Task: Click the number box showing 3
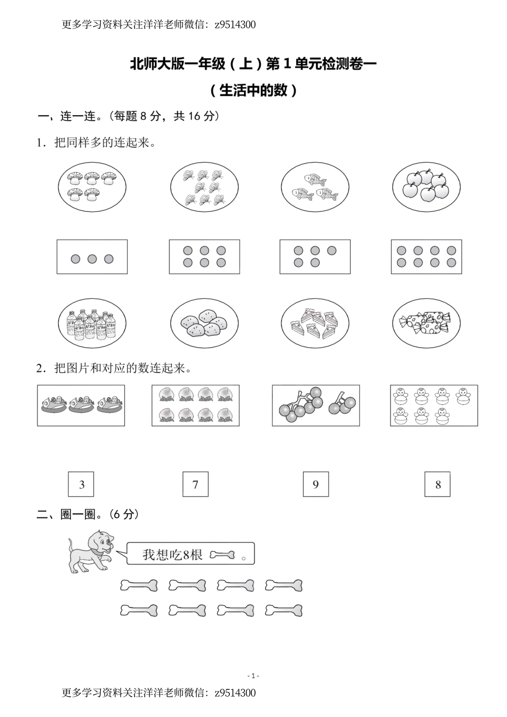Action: pyautogui.click(x=82, y=484)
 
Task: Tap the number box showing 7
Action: pyautogui.click(x=195, y=484)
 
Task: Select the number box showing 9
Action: pyautogui.click(x=315, y=484)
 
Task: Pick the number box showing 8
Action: pyautogui.click(x=438, y=484)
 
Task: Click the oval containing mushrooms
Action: pyautogui.click(x=92, y=186)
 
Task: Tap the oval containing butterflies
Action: pyautogui.click(x=204, y=187)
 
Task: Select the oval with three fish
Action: pyautogui.click(x=315, y=187)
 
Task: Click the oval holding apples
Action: pyautogui.click(x=426, y=187)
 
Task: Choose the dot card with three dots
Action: pyautogui.click(x=92, y=257)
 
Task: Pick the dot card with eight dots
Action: pyautogui.click(x=426, y=257)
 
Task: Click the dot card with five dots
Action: pyautogui.click(x=315, y=257)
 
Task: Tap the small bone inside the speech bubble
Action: pyautogui.click(x=222, y=555)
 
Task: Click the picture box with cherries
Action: pyautogui.click(x=316, y=405)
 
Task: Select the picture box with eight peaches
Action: pyautogui.click(x=195, y=405)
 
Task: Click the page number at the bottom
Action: pyautogui.click(x=253, y=676)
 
